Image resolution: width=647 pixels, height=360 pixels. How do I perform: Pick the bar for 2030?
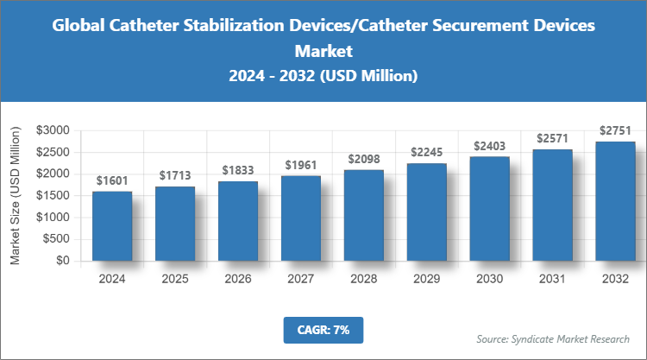tap(489, 208)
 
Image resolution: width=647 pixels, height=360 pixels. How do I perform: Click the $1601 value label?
tap(112, 180)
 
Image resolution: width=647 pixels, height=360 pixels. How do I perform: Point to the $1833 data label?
tap(238, 171)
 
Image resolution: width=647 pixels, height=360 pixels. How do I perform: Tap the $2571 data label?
tap(552, 138)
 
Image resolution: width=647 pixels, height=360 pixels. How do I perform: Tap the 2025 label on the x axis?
tap(175, 279)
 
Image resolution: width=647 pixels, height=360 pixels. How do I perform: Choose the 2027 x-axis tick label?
tap(300, 279)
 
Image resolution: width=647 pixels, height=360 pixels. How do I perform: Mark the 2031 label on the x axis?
tap(552, 279)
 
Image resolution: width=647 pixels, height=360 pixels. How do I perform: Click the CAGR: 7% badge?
tap(323, 329)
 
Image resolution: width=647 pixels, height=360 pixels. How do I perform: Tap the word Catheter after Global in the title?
tap(145, 26)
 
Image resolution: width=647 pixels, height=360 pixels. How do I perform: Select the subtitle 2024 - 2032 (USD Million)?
tap(323, 76)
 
